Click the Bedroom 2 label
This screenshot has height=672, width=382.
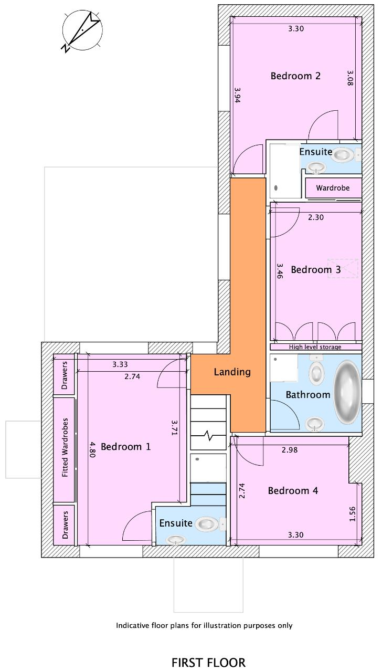pos(295,76)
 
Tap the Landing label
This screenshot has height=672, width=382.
pos(232,372)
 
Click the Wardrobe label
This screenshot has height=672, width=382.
pos(333,188)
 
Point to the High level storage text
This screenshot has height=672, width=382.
pos(315,347)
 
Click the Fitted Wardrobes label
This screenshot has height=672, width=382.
pos(65,448)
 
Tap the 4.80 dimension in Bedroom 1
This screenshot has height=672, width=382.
pos(92,449)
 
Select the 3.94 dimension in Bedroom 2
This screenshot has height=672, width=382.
pos(237,95)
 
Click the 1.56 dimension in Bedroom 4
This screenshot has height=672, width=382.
pos(353,514)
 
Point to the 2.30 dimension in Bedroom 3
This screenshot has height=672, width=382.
pos(316,217)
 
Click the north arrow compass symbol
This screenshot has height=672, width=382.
pos(82,31)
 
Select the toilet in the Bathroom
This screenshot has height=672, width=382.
pos(316,371)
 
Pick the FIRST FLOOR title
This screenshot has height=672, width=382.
pos(208,663)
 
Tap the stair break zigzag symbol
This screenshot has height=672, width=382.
pos(208,435)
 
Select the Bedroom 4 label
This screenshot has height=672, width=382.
pos(293,490)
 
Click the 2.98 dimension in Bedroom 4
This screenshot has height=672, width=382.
pos(290,450)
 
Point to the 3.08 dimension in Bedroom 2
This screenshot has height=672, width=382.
pos(350,78)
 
